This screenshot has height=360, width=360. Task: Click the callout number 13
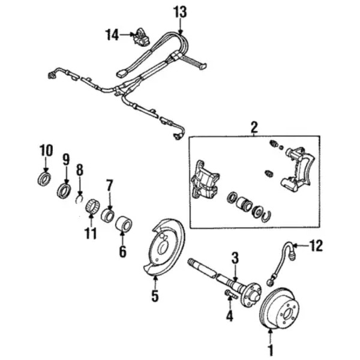[180, 12]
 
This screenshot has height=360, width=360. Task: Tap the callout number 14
[112, 35]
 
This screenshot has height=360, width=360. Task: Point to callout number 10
[46, 150]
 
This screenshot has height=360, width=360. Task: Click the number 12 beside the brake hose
[316, 245]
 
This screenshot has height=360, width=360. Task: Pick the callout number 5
[155, 296]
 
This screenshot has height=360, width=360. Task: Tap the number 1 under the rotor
[271, 350]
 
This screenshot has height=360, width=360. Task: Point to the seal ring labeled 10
[44, 179]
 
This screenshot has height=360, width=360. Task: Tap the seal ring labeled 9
[64, 190]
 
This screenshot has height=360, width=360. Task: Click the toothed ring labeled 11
[93, 206]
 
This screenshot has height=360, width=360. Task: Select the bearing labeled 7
[107, 215]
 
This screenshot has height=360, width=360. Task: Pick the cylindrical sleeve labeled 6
[124, 223]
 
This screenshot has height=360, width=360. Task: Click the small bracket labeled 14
[140, 36]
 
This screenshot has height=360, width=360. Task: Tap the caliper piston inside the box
[244, 203]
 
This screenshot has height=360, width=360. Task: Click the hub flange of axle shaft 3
[251, 295]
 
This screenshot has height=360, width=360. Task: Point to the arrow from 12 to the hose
[301, 245]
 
